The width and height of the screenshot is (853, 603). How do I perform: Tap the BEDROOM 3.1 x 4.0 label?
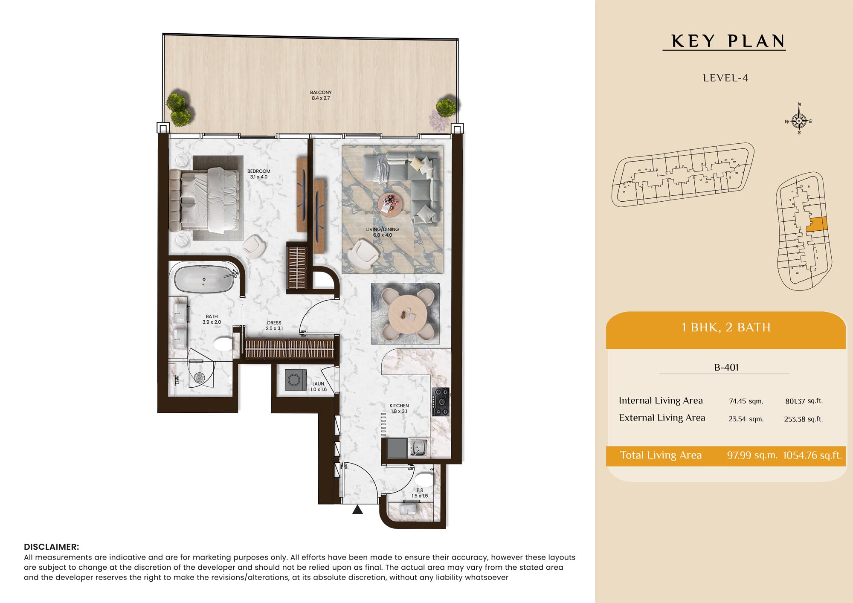[259, 174]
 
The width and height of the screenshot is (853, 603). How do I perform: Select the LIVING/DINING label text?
[383, 229]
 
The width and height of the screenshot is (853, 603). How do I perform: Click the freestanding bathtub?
[204, 279]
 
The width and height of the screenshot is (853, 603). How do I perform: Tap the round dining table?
[407, 314]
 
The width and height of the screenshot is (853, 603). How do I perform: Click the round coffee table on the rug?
[389, 204]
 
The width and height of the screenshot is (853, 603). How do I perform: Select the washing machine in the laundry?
[295, 380]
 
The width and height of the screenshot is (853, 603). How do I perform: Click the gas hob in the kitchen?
[441, 402]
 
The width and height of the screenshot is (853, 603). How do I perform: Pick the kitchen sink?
[418, 447]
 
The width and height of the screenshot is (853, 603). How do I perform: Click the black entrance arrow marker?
[357, 509]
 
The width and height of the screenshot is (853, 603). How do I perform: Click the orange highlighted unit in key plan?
[817, 224]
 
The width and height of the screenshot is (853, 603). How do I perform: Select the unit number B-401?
[726, 367]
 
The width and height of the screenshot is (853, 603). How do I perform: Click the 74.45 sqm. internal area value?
[746, 401]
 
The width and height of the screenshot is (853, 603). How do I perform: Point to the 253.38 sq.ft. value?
[803, 419]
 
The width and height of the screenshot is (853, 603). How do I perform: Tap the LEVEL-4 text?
[725, 78]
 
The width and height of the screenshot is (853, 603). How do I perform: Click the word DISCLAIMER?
[52, 547]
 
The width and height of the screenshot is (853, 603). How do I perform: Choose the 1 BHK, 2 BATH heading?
[726, 328]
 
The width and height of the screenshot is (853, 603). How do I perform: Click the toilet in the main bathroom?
[223, 344]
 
